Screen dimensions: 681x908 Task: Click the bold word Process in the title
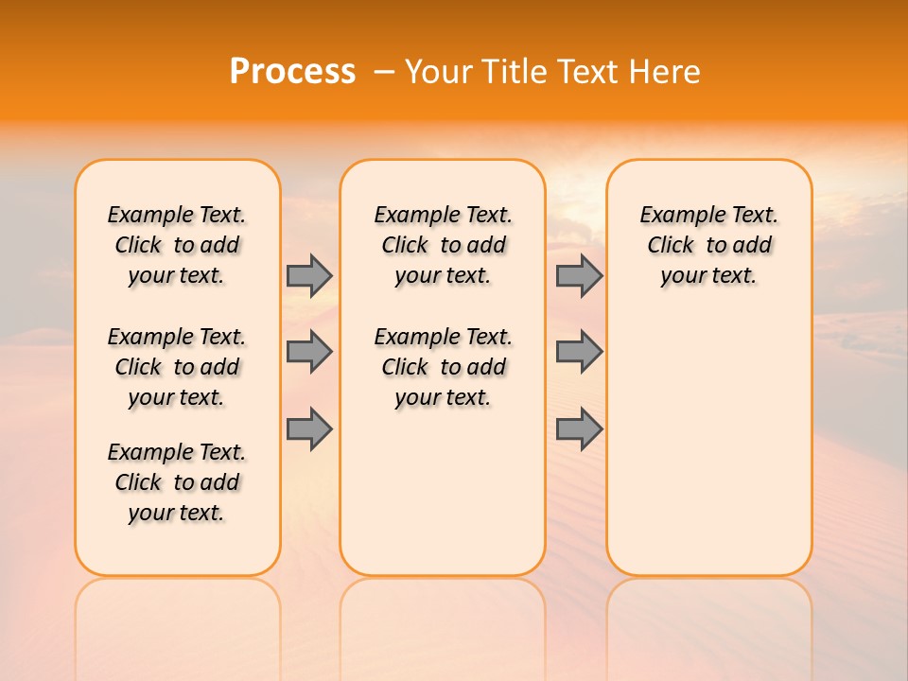coord(292,72)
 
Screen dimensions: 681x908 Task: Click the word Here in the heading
coord(666,72)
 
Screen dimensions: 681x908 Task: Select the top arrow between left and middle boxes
coord(309,275)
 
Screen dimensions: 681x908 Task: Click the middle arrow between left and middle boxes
coord(309,352)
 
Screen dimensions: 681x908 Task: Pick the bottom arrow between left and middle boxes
coord(309,428)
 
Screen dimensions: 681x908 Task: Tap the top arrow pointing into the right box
coord(579,275)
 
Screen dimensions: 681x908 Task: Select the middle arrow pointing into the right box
coord(579,352)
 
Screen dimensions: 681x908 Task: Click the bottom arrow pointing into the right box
coord(579,428)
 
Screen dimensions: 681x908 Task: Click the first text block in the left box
coord(177,245)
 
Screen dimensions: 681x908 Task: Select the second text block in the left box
coord(177,367)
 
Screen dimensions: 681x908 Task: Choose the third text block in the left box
coord(177,482)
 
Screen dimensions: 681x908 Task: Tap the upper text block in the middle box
coord(443,245)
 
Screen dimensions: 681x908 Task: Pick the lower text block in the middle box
coord(443,367)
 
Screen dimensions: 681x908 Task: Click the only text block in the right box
coord(708,245)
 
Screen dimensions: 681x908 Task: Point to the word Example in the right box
coord(673,216)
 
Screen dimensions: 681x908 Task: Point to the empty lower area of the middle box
coord(443,492)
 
